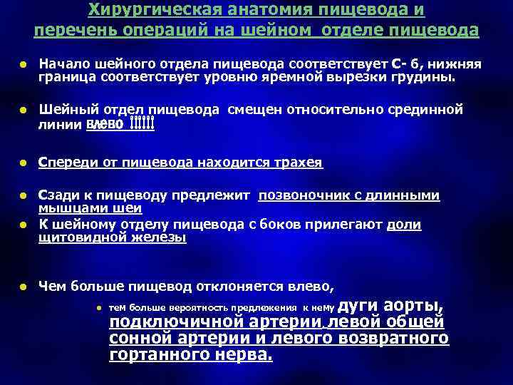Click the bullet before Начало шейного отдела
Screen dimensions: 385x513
pyautogui.click(x=23, y=65)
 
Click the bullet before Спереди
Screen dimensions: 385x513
pyautogui.click(x=23, y=163)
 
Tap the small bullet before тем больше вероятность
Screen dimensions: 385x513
pyautogui.click(x=99, y=307)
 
